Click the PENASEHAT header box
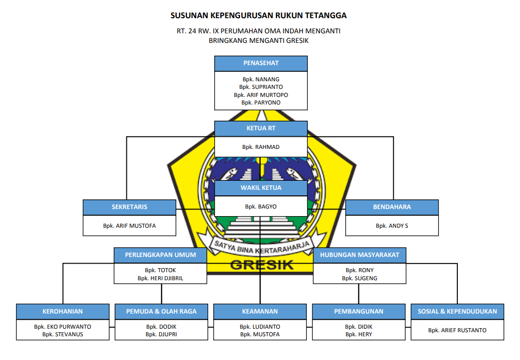pyautogui.click(x=261, y=63)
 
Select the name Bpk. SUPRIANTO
pyautogui.click(x=261, y=87)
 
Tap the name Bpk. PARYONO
pyautogui.click(x=261, y=102)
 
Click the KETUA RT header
pyautogui.click(x=261, y=128)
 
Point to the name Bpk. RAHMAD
pyautogui.click(x=261, y=147)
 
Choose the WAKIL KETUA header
pyautogui.click(x=261, y=188)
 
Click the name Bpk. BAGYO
pyautogui.click(x=261, y=207)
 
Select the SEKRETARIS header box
pyautogui.click(x=129, y=207)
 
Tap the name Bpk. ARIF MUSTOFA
pyautogui.click(x=129, y=226)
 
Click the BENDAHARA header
pyautogui.click(x=392, y=207)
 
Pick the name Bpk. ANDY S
pyautogui.click(x=392, y=226)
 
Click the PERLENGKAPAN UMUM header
pyautogui.click(x=160, y=255)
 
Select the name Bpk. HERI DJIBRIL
pyautogui.click(x=160, y=278)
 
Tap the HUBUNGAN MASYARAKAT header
pyautogui.click(x=359, y=255)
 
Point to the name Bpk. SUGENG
pyautogui.click(x=359, y=278)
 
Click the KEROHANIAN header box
pyautogui.click(x=63, y=312)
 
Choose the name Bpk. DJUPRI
pyautogui.click(x=161, y=334)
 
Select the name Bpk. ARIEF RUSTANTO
pyautogui.click(x=457, y=330)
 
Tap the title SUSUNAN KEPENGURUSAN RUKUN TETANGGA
pyautogui.click(x=259, y=16)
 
